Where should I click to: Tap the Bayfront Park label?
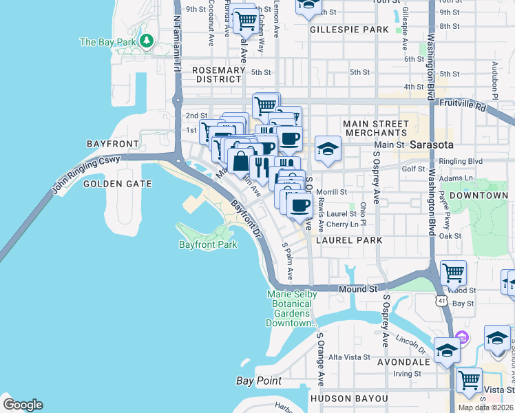tap(207, 244)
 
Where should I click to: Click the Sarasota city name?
tap(431, 145)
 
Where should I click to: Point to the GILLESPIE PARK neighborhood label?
tap(349, 30)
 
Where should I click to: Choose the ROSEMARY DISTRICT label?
tap(219, 74)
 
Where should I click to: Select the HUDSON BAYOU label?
tap(349, 399)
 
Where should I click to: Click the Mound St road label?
tap(356, 290)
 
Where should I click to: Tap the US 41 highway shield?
tap(440, 300)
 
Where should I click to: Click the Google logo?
tap(23, 405)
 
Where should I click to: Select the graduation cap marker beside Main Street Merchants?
tap(328, 148)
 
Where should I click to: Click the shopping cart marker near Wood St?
tap(453, 273)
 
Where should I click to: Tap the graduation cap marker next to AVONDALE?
tap(446, 350)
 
